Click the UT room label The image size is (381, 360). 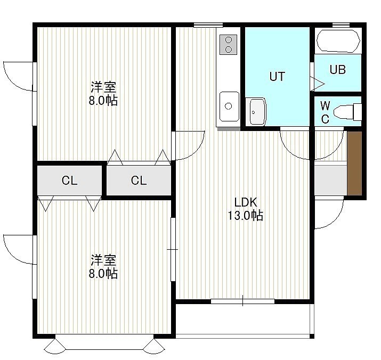[277, 76]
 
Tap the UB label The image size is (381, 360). [338, 69]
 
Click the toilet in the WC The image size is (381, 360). [348, 112]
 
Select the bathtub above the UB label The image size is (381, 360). [338, 41]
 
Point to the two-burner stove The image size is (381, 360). [228, 45]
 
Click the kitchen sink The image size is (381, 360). [229, 106]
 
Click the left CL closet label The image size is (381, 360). [69, 181]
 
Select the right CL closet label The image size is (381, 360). [139, 181]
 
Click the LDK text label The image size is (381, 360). [246, 202]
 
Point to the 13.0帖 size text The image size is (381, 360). [246, 215]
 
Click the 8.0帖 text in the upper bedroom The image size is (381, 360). [103, 100]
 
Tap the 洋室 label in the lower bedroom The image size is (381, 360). [103, 260]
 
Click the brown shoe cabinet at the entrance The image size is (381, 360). [354, 163]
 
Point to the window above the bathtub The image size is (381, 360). [341, 24]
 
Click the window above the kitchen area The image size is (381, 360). [208, 25]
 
